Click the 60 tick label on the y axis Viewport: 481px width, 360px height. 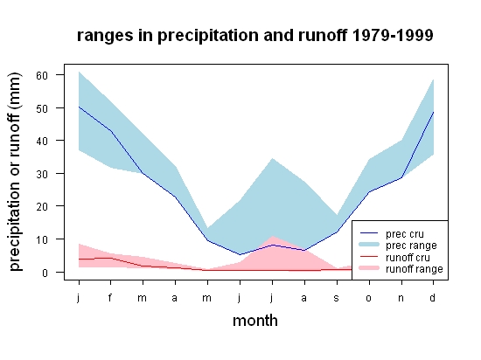click(42, 75)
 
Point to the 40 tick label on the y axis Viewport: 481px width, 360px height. click(42, 141)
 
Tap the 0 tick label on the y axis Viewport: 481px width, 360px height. click(45, 273)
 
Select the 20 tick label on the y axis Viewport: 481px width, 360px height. click(42, 206)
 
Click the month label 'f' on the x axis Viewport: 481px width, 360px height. click(110, 297)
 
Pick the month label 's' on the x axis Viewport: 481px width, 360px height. click(337, 298)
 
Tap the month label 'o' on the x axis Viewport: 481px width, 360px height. click(369, 298)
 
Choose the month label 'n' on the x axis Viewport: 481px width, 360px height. click(401, 298)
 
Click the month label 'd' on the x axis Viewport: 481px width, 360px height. click(433, 297)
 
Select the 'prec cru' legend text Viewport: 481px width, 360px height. click(405, 234)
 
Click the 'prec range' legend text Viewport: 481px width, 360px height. click(411, 246)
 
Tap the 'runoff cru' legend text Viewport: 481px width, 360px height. click(408, 258)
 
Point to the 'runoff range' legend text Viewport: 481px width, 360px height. click(415, 269)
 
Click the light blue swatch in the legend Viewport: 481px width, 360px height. click(369, 245)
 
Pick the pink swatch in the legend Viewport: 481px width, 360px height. click(369, 268)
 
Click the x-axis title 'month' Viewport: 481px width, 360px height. click(255, 321)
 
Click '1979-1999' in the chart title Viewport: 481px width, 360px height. click(393, 35)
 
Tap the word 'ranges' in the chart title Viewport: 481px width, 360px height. click(105, 36)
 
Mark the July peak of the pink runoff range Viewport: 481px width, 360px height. click(272, 236)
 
